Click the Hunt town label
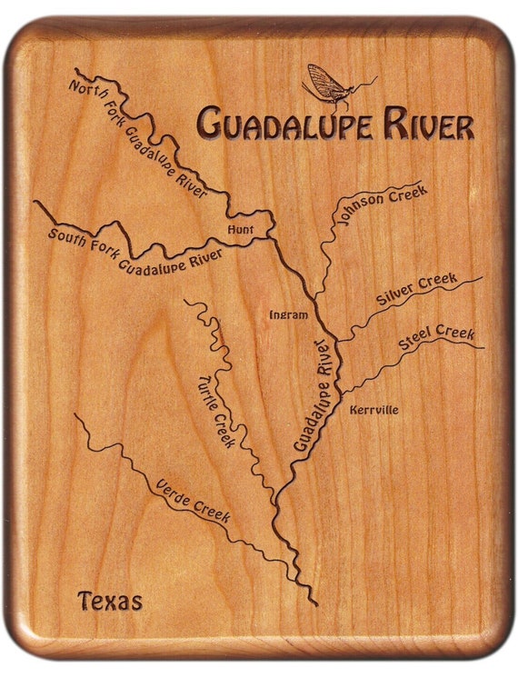click(x=241, y=230)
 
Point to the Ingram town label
click(x=289, y=315)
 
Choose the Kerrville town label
click(x=374, y=410)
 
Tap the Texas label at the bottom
click(x=110, y=601)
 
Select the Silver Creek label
click(x=416, y=290)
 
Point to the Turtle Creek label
click(x=215, y=413)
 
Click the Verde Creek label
click(x=193, y=500)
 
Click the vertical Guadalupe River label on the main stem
click(x=311, y=395)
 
